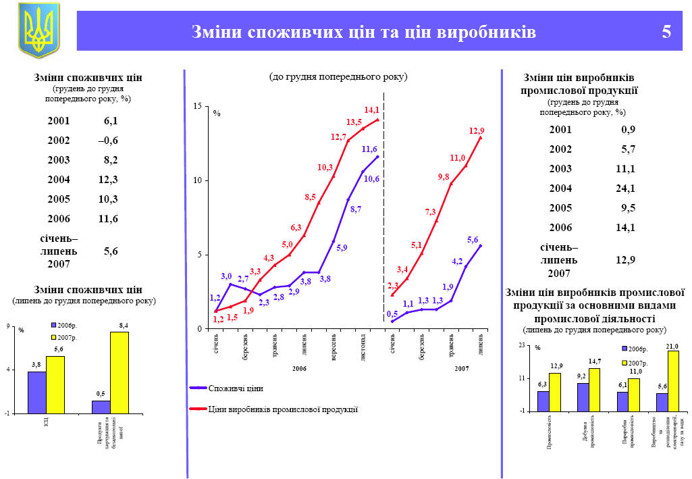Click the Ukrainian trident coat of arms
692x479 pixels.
tap(38, 30)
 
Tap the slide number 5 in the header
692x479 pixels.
tap(666, 32)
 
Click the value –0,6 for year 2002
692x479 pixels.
tap(107, 141)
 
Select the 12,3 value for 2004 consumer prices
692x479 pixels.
tap(107, 180)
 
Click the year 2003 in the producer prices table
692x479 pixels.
tap(560, 169)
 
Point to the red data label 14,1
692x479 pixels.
tap(372, 109)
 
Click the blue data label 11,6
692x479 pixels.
tap(369, 149)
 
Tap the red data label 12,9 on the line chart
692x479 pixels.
tap(477, 130)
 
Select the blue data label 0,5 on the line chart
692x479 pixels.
tap(392, 314)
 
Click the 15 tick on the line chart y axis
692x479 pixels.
tap(197, 107)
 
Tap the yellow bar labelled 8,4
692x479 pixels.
tap(119, 372)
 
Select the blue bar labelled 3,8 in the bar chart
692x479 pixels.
tap(36, 392)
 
